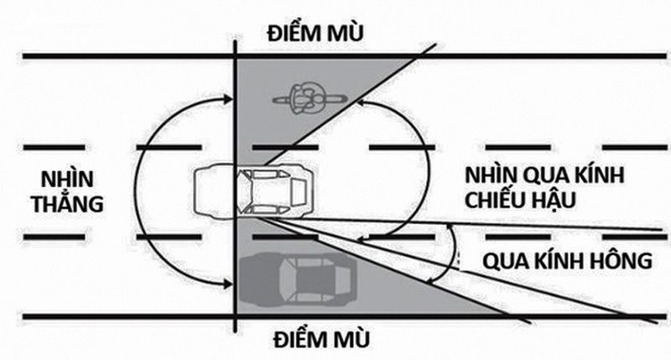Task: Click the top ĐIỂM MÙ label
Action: click(315, 34)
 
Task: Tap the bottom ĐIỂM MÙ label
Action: click(321, 339)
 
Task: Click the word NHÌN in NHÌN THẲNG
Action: click(67, 179)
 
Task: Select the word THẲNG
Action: click(67, 203)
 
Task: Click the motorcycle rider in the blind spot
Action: click(307, 99)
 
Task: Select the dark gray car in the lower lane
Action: click(299, 279)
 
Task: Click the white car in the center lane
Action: click(253, 191)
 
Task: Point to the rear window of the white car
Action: click(299, 191)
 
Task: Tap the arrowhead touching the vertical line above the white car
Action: click(227, 100)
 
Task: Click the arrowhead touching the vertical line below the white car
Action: click(227, 283)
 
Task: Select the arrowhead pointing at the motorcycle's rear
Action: click(362, 102)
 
